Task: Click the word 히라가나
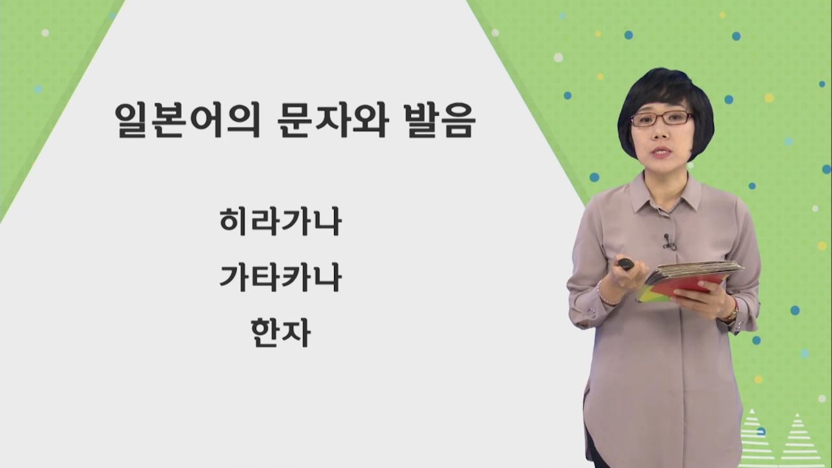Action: tap(281, 222)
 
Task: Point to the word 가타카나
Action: tap(281, 278)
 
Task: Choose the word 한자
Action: tap(281, 333)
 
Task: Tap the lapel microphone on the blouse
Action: tap(668, 242)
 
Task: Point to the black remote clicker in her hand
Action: tap(625, 264)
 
